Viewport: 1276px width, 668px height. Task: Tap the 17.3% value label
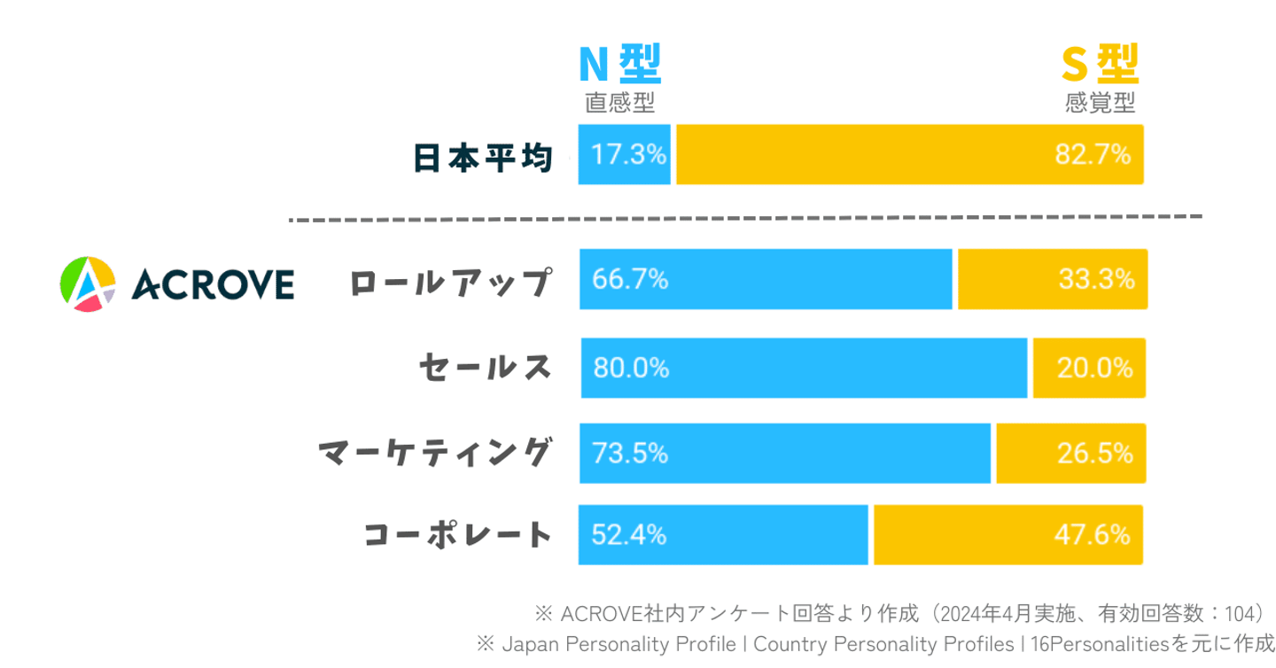click(628, 155)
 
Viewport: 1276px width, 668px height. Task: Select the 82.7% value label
click(1093, 155)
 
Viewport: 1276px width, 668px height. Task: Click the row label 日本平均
click(483, 158)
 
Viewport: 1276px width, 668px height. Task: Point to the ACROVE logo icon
click(87, 284)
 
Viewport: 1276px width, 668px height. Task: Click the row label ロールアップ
click(450, 283)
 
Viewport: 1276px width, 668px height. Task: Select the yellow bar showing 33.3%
click(1052, 280)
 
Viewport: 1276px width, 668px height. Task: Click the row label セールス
click(486, 367)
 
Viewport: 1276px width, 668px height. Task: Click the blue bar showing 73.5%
click(784, 454)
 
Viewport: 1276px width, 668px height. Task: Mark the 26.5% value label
click(1095, 454)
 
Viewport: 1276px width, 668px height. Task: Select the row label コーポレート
click(458, 535)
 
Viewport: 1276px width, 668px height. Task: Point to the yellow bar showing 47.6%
click(1008, 535)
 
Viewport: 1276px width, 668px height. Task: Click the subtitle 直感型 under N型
click(619, 104)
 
